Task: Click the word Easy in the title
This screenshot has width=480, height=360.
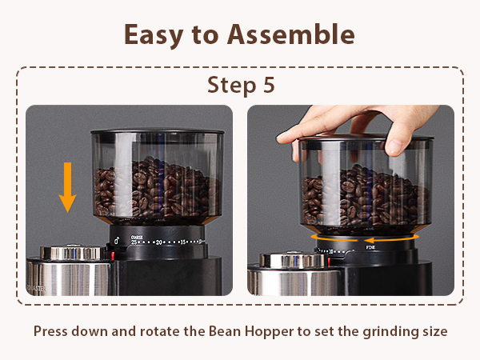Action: point(150,34)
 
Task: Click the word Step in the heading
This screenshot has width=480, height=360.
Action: point(230,85)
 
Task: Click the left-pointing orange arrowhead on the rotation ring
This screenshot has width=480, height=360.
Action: point(370,238)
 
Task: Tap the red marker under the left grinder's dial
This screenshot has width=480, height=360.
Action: point(114,255)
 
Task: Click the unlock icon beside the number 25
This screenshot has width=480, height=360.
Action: point(117,240)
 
